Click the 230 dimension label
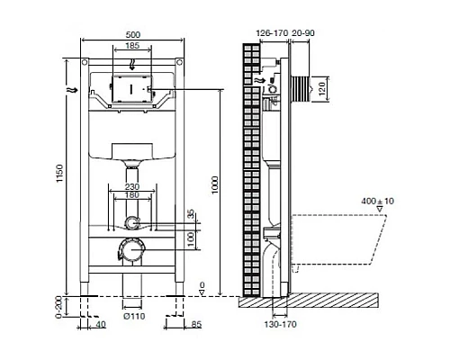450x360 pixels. [132, 188]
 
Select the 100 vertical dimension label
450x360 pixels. [190, 238]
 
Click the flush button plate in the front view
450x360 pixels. [132, 91]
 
